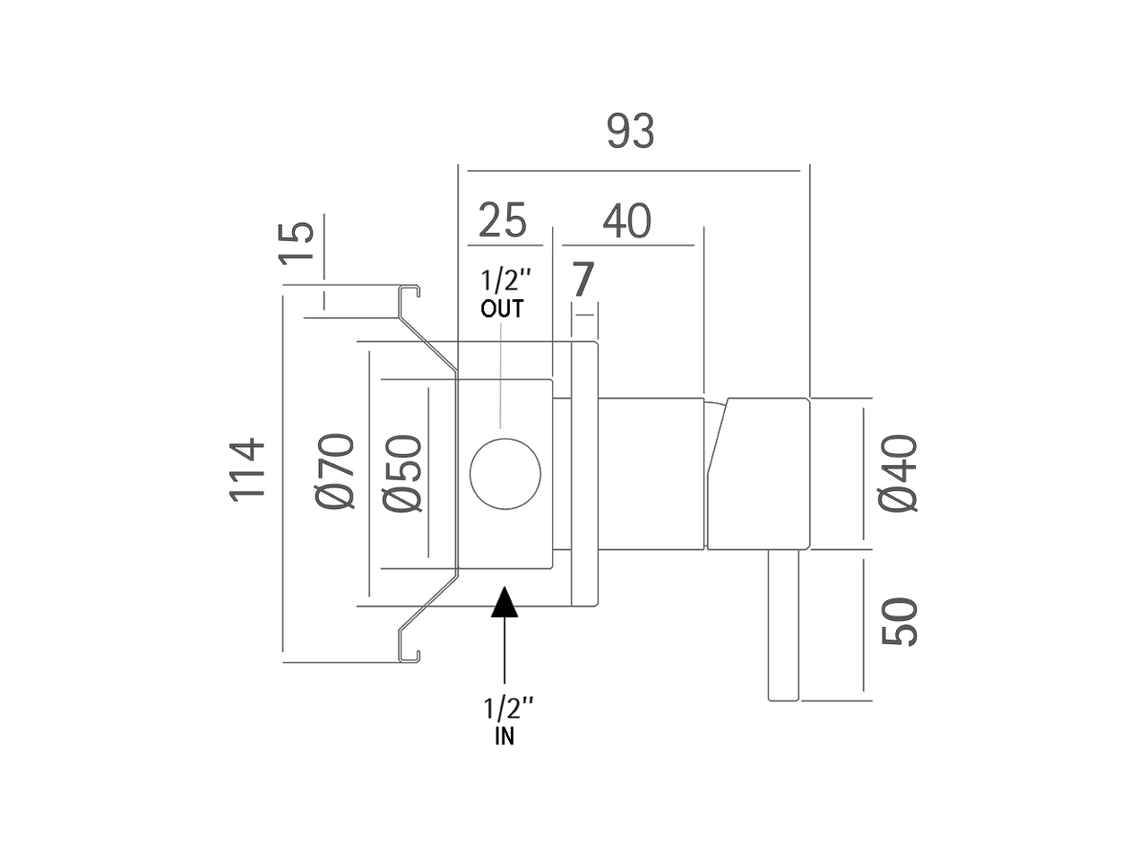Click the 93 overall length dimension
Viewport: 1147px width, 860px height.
[x=631, y=132]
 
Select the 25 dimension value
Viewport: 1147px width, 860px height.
[x=503, y=220]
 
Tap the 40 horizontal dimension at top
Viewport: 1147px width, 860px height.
[x=626, y=221]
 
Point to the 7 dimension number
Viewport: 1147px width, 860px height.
[x=582, y=280]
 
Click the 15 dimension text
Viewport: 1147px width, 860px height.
[x=297, y=243]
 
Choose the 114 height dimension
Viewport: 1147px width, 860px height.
[x=248, y=469]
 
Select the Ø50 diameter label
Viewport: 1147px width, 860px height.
[x=401, y=473]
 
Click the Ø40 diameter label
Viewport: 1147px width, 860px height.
[x=898, y=473]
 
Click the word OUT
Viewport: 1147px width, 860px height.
[x=502, y=310]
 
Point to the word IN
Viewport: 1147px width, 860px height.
[x=505, y=737]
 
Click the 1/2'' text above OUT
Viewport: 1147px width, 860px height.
[x=500, y=280]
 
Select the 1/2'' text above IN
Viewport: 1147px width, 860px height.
[x=508, y=709]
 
